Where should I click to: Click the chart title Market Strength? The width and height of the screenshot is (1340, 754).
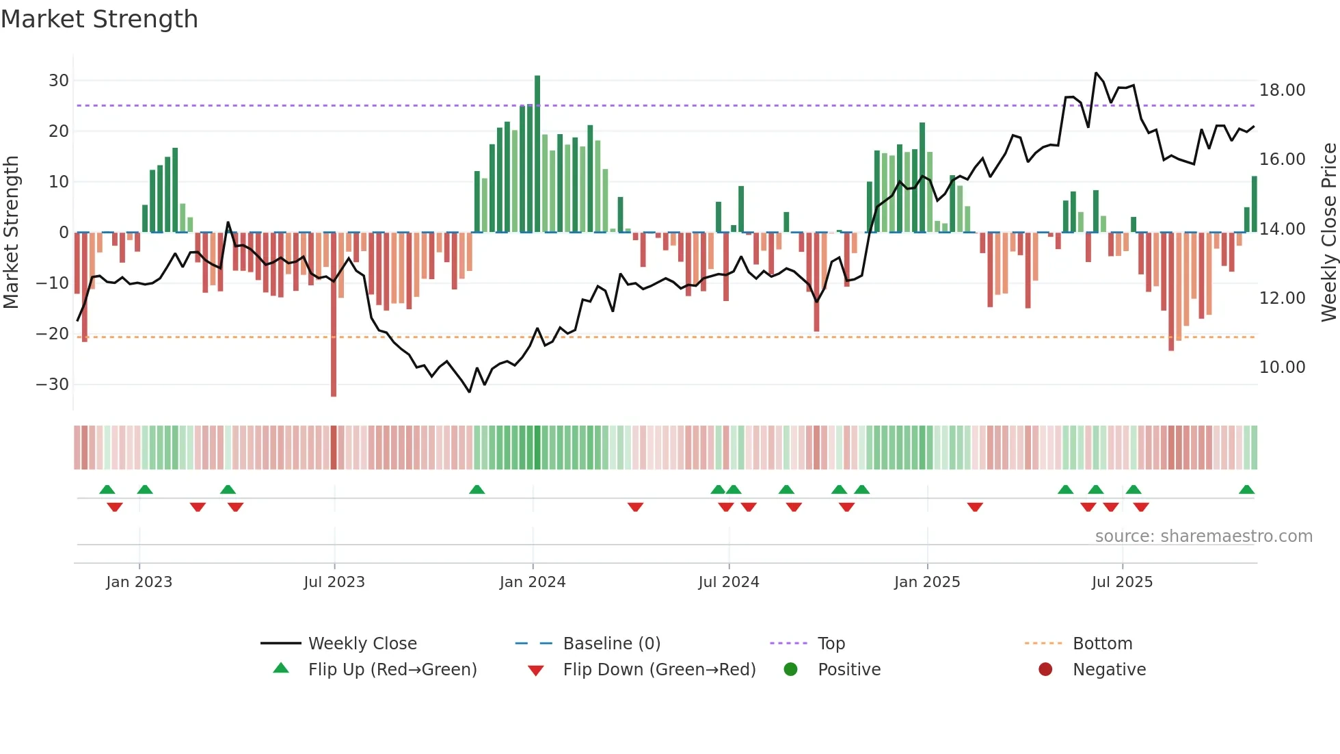point(99,19)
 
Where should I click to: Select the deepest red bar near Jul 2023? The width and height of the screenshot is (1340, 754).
point(334,315)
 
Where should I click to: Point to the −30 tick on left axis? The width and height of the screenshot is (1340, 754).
point(53,385)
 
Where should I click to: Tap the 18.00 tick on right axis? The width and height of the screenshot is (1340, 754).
point(1282,90)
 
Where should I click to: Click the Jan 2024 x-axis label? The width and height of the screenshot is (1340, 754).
point(533,582)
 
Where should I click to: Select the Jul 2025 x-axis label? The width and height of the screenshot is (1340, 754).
point(1122,582)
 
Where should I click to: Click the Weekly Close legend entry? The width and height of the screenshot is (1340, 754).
point(362,644)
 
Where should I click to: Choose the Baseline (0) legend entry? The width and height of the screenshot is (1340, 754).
point(611,644)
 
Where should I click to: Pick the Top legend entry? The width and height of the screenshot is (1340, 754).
point(831,644)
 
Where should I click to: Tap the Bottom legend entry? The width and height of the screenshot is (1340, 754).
point(1102,644)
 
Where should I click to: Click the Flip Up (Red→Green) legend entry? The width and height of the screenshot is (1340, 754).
point(392,670)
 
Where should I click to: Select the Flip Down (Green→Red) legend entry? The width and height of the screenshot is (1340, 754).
point(659,670)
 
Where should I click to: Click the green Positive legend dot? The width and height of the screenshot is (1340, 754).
point(791,670)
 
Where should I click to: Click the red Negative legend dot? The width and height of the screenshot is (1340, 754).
point(1045,670)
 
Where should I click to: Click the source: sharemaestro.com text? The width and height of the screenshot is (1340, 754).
point(1203,536)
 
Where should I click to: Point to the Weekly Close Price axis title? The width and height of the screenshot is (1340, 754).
point(1328,233)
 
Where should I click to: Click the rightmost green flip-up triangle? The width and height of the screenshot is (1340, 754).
point(1246,490)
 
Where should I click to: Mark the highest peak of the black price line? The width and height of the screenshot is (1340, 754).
point(1096,73)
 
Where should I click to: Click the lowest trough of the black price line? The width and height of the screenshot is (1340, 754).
point(470,391)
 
